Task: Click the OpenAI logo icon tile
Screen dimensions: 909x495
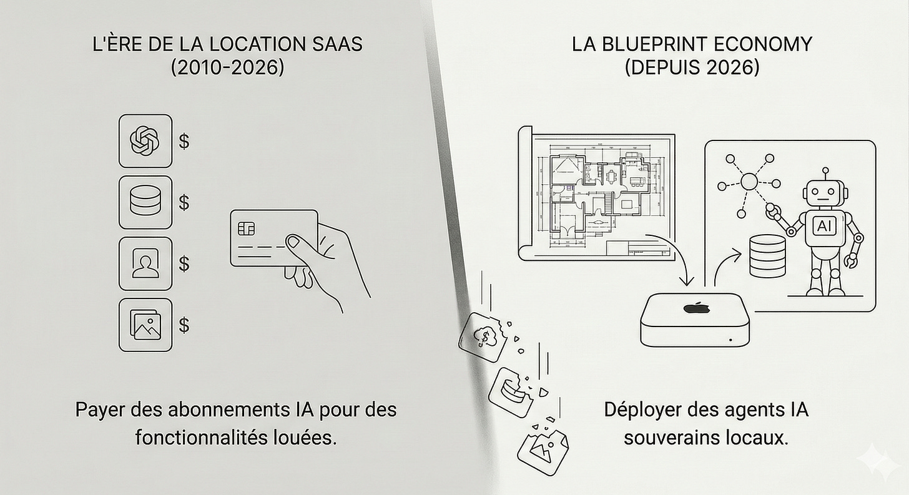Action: tap(145, 141)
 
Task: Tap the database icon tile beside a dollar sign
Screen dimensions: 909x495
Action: tap(145, 202)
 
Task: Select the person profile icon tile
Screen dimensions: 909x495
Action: tap(145, 263)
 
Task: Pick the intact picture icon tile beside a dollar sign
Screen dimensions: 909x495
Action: tap(145, 325)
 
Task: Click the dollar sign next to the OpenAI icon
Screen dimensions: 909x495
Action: tap(184, 141)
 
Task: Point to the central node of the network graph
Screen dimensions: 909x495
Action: tap(749, 182)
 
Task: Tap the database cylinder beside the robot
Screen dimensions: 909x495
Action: tap(766, 257)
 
